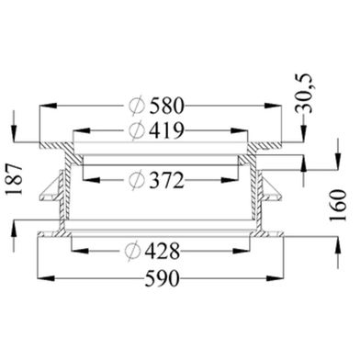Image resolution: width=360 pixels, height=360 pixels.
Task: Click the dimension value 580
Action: tap(167, 106)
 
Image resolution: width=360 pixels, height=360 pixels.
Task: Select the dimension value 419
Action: tap(167, 130)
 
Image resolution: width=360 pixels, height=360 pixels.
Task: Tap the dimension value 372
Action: tap(167, 180)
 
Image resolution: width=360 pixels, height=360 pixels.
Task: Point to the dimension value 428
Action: tap(163, 251)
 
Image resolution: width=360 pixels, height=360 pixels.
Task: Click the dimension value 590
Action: tap(162, 278)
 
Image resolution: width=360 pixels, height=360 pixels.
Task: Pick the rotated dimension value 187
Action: tap(15, 179)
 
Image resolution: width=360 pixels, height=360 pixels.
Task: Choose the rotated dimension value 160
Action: tap(338, 205)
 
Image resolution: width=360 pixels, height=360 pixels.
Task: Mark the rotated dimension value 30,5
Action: tap(304, 94)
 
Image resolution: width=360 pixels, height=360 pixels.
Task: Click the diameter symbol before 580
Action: tap(137, 106)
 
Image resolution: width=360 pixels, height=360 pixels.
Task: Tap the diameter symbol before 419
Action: tap(137, 130)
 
